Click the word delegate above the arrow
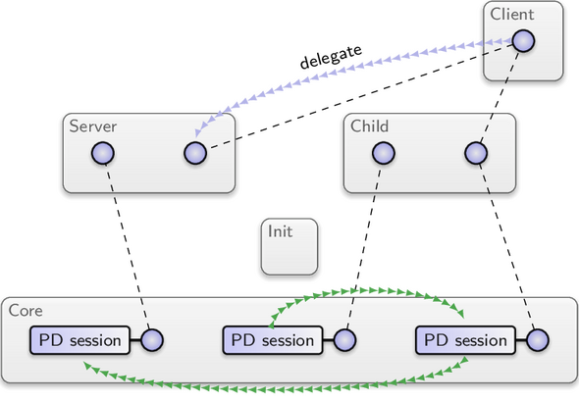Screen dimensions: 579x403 (x=331, y=57)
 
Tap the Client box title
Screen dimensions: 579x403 (x=512, y=15)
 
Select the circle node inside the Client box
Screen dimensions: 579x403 (x=523, y=41)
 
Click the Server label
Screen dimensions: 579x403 (x=92, y=126)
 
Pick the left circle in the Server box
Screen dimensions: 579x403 (x=103, y=153)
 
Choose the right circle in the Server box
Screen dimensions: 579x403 (x=195, y=153)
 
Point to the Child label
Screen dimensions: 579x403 (x=369, y=126)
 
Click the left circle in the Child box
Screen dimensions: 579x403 (x=384, y=153)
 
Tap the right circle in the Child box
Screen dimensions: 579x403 (x=476, y=153)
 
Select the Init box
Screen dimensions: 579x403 (x=289, y=246)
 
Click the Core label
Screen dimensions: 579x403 (x=26, y=311)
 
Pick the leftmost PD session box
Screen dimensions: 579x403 (x=79, y=340)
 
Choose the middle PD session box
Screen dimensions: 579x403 (x=273, y=340)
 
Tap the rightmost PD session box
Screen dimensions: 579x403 (x=465, y=340)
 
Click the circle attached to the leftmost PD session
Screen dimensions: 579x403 (x=152, y=340)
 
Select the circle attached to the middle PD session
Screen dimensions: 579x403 (x=344, y=340)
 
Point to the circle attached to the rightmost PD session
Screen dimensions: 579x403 (x=537, y=340)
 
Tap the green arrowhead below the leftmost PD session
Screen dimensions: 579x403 (x=88, y=366)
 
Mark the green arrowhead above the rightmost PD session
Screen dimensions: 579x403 (x=460, y=314)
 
